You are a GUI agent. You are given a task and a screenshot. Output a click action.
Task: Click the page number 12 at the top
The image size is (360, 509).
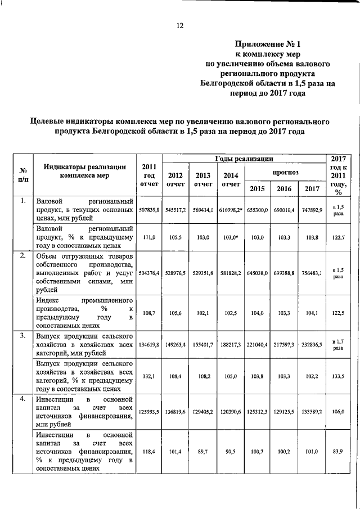[x=180, y=25]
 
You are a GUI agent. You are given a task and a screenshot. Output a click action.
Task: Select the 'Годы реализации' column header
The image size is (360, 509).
[x=244, y=159]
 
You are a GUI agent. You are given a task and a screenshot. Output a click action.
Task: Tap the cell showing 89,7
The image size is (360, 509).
[x=203, y=451]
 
